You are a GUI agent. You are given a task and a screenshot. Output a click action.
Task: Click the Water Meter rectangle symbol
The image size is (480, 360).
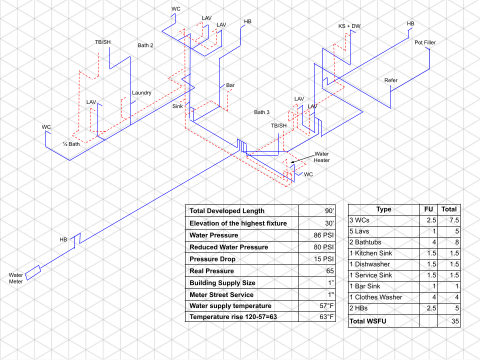click(x=33, y=271)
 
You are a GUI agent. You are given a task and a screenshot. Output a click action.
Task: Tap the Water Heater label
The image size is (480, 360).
click(x=322, y=157)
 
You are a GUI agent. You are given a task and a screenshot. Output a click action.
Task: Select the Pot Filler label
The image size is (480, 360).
click(x=425, y=42)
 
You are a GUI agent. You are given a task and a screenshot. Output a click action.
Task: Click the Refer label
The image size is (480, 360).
click(x=391, y=80)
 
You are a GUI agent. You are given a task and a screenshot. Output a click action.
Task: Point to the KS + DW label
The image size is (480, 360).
click(x=349, y=26)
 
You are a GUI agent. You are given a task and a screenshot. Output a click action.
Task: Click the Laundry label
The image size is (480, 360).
click(x=141, y=92)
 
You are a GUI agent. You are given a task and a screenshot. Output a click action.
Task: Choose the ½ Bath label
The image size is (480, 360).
click(x=71, y=144)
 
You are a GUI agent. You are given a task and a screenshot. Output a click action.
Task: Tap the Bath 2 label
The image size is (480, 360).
click(x=145, y=45)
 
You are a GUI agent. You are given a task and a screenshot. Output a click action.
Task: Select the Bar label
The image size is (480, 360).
click(x=230, y=85)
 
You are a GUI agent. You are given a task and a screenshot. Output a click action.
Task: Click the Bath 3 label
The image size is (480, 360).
click(x=261, y=112)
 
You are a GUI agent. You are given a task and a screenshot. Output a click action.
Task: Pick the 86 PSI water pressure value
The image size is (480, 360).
click(x=323, y=235)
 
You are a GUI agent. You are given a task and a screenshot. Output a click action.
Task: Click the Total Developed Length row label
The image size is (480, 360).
click(x=227, y=211)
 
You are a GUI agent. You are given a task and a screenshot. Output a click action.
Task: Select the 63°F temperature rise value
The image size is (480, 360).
click(x=324, y=317)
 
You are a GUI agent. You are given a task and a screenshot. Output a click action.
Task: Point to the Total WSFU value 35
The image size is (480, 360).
click(x=454, y=321)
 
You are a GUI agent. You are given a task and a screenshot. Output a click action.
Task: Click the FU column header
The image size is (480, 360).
click(x=428, y=209)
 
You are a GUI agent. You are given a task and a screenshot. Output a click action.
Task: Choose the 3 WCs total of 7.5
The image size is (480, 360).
click(x=453, y=220)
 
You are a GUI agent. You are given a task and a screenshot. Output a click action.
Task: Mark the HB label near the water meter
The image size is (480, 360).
click(x=63, y=240)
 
